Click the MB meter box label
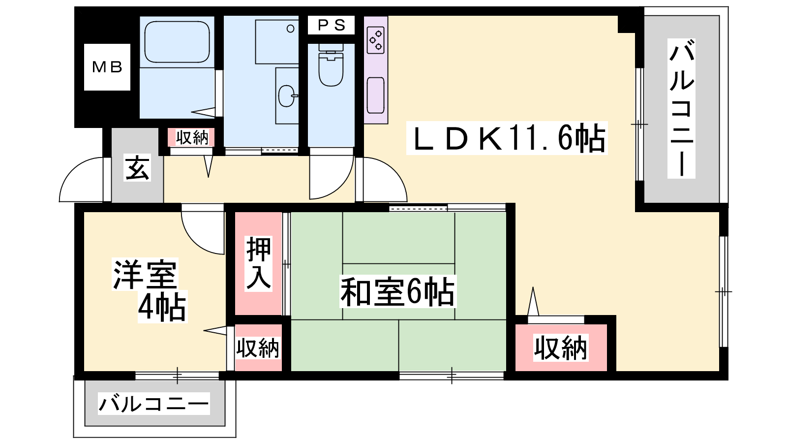[x=107, y=67]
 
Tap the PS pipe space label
[x=332, y=25]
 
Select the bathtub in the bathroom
[x=177, y=42]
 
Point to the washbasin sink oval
[x=286, y=95]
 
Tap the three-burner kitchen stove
[x=376, y=40]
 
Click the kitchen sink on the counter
[x=376, y=95]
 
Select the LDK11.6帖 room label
[x=507, y=138]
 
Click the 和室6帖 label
[x=398, y=291]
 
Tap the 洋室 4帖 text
[x=150, y=290]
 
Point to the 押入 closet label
[x=259, y=263]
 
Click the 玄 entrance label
[x=137, y=167]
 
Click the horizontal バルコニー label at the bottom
[x=154, y=404]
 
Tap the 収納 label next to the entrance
[x=192, y=137]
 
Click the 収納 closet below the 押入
[x=258, y=348]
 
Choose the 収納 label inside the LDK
[x=561, y=348]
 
